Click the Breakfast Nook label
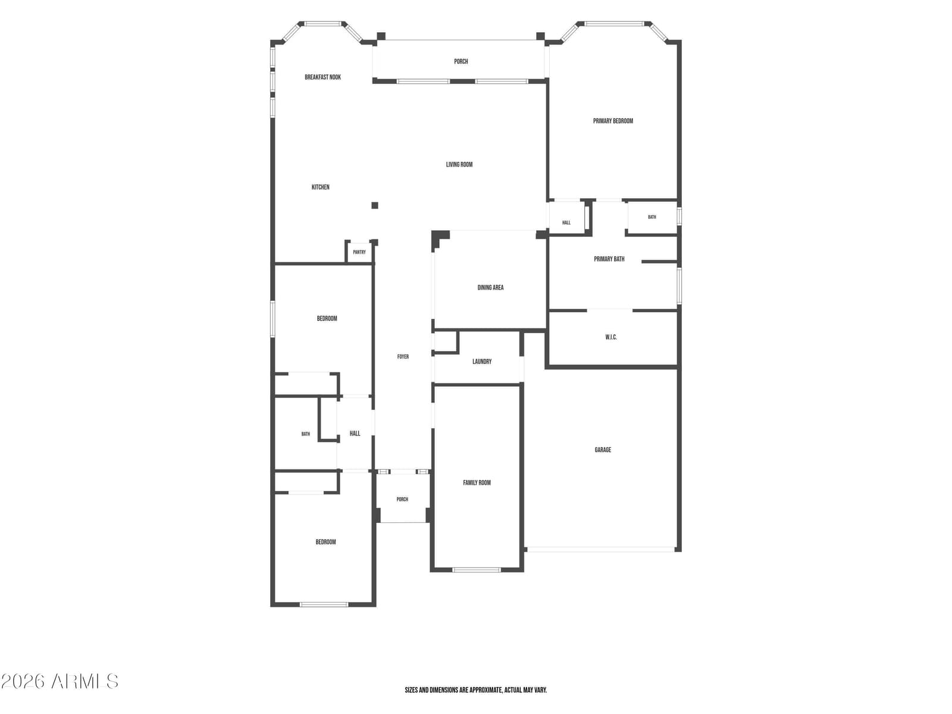click(x=322, y=77)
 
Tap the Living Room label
click(x=459, y=164)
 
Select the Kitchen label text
click(x=321, y=187)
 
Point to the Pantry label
click(x=359, y=252)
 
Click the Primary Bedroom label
click(x=613, y=121)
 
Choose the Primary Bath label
click(x=609, y=259)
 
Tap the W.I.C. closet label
click(x=611, y=337)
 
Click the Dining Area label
click(x=490, y=287)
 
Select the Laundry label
click(x=482, y=362)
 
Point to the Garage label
click(x=603, y=450)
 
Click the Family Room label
click(x=477, y=483)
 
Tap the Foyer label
click(x=403, y=357)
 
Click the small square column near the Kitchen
click(x=375, y=205)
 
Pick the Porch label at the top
click(x=461, y=61)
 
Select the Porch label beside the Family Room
click(x=402, y=499)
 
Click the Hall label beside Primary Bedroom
click(x=566, y=223)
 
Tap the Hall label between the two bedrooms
click(x=355, y=433)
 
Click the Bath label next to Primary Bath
click(x=652, y=217)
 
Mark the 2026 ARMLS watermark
click(x=60, y=682)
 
